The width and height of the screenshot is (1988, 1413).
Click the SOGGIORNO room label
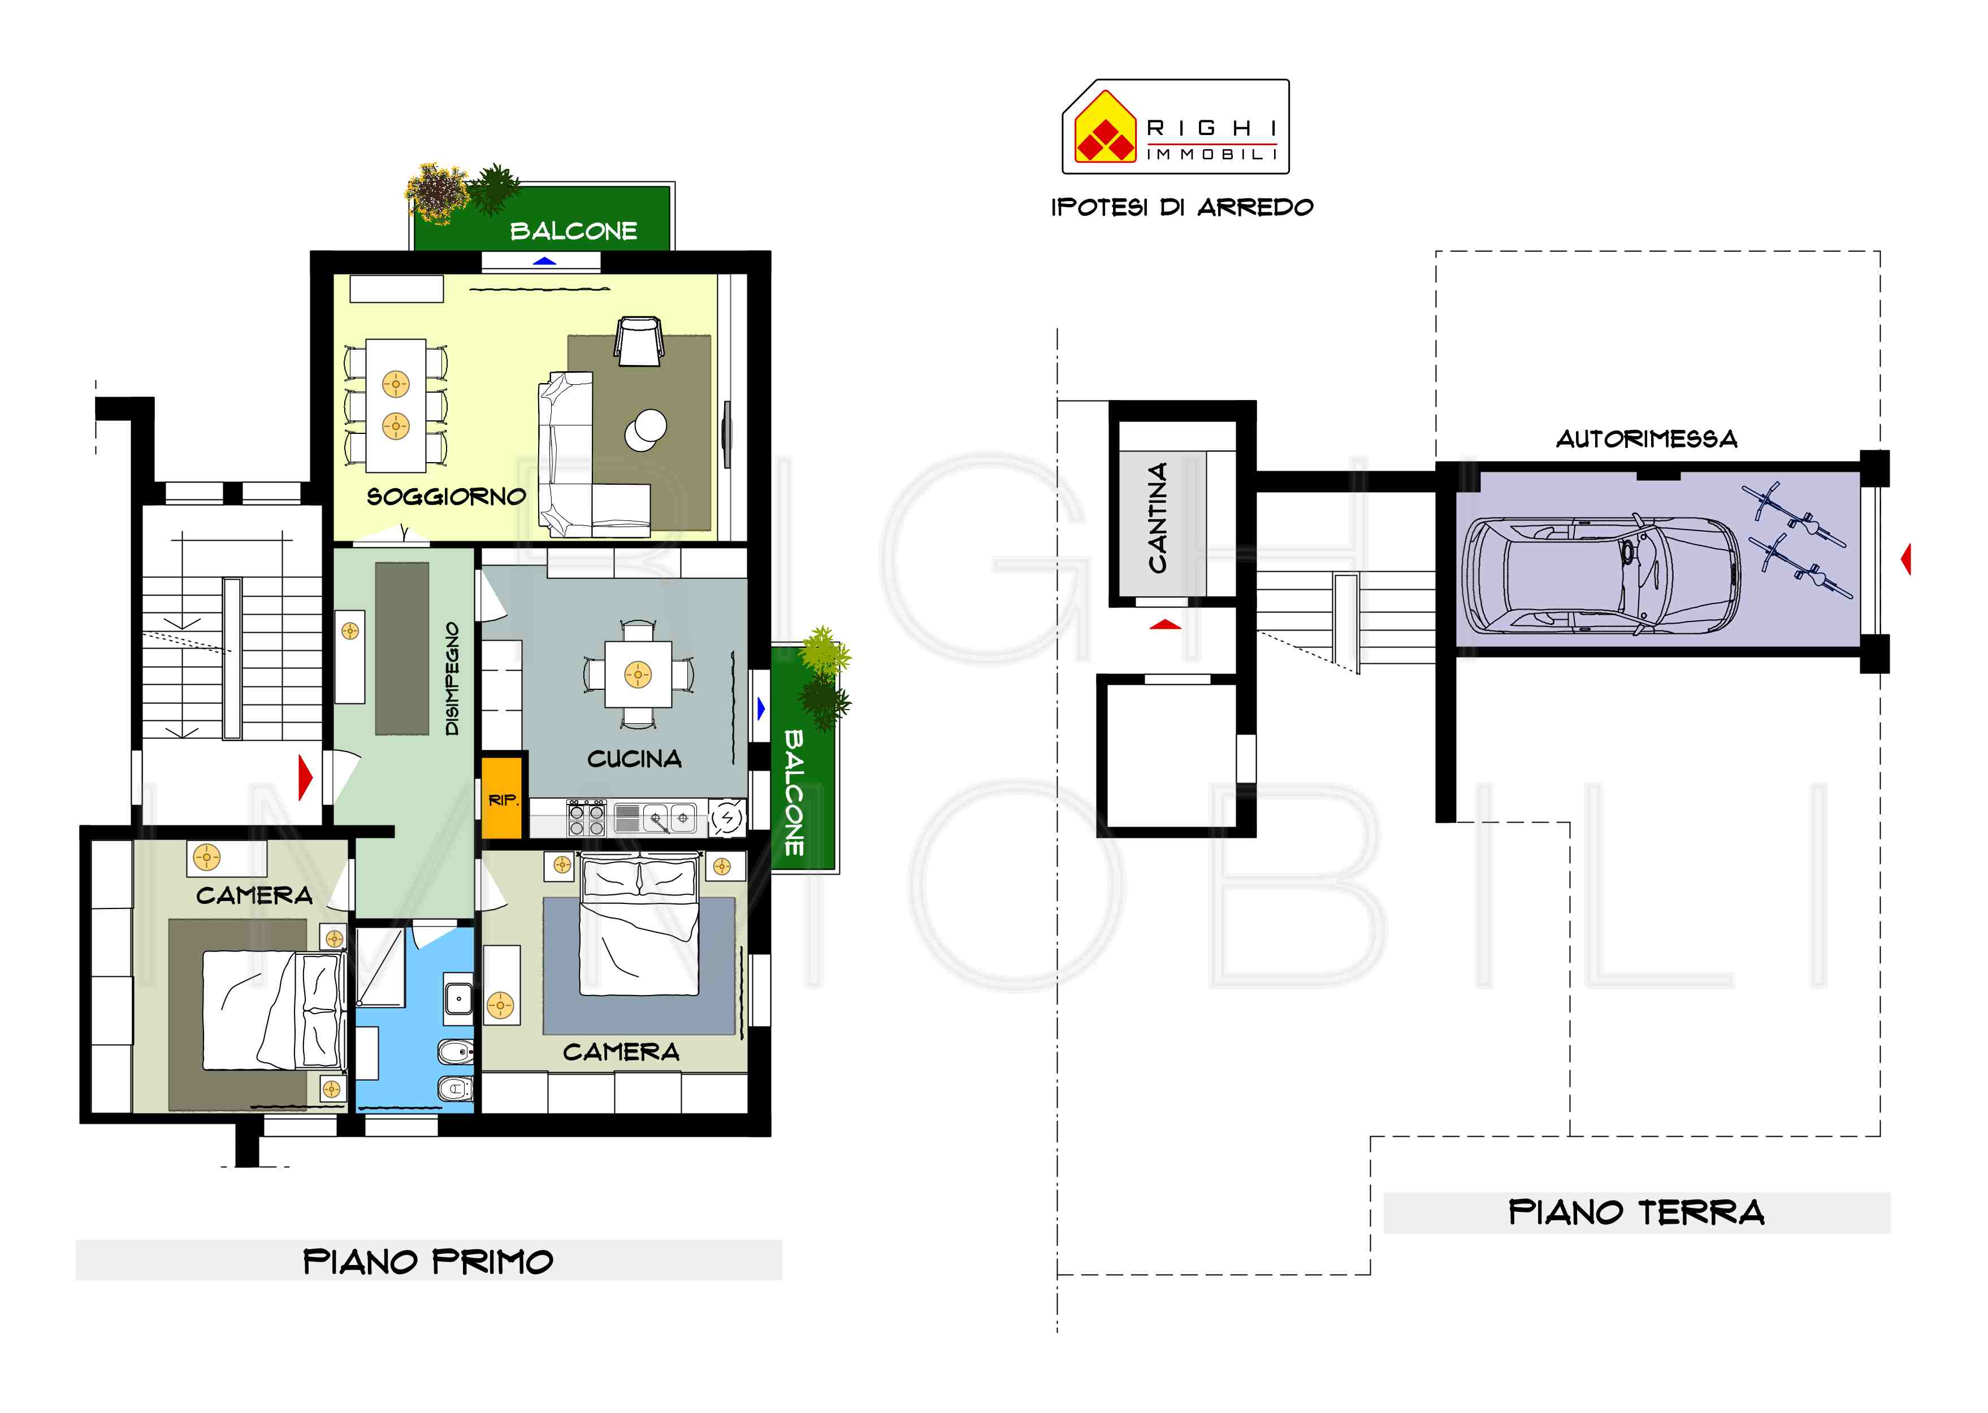point(447,497)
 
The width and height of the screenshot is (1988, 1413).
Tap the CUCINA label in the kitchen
point(635,759)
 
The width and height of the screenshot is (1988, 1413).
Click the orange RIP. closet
point(501,798)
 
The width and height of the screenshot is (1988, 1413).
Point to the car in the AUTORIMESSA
point(1601,575)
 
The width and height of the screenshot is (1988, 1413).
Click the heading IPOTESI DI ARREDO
point(1182,207)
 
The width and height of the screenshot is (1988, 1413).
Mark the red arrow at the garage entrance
point(1905,559)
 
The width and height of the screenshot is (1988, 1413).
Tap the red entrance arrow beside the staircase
point(305,777)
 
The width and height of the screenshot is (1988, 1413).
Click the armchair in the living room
point(640,341)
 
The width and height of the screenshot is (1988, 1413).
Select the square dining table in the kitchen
point(638,675)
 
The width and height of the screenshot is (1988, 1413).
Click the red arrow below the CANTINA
point(1166,624)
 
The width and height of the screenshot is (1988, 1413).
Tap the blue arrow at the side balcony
point(761,709)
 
